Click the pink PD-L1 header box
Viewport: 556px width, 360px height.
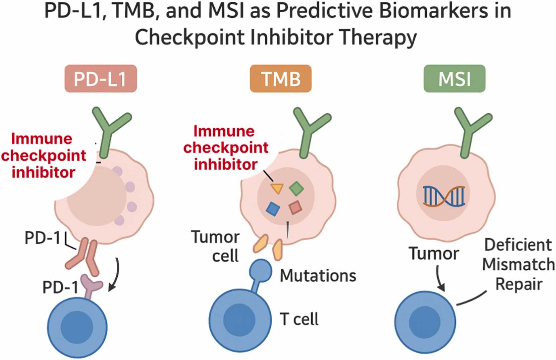click(101, 79)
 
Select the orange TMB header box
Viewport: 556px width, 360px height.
click(281, 79)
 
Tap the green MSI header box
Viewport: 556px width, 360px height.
click(454, 79)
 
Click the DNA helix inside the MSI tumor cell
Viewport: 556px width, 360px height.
click(444, 195)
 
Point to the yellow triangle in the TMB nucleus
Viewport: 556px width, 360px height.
click(277, 188)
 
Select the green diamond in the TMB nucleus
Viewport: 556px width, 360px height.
click(296, 188)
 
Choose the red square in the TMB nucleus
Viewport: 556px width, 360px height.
click(295, 207)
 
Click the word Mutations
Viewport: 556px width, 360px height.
click(318, 276)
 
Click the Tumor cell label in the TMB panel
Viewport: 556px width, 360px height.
click(216, 246)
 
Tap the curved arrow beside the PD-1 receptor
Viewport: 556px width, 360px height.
click(115, 274)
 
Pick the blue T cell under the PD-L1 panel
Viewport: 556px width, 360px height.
click(77, 327)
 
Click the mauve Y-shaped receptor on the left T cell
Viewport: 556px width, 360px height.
click(91, 285)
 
